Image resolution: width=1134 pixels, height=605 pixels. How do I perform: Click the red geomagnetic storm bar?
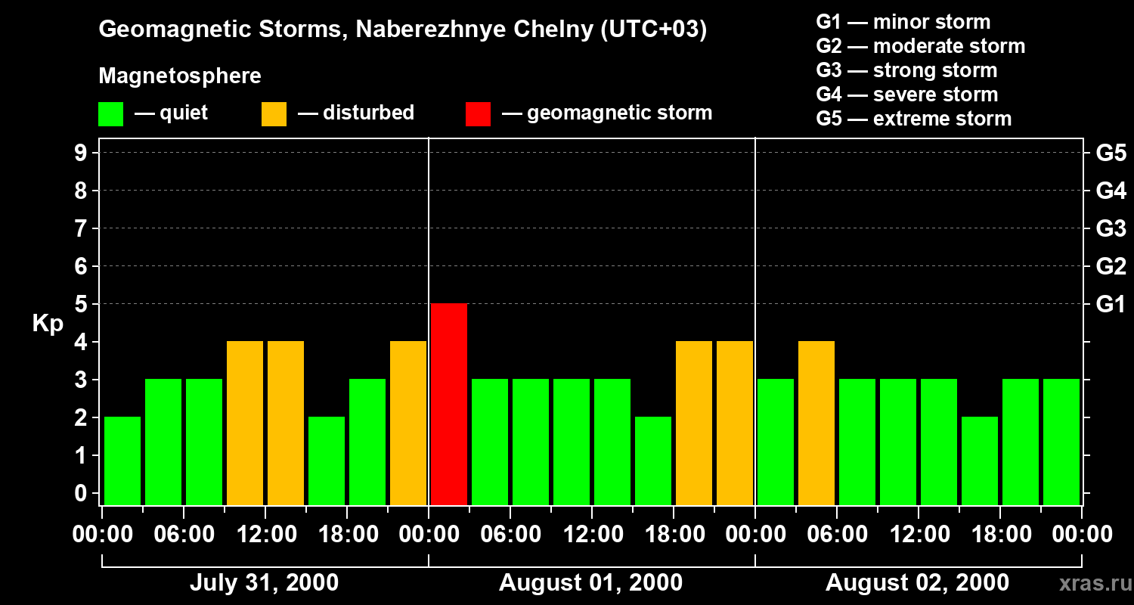449,404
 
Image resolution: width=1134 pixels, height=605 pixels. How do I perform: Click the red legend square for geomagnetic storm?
478,114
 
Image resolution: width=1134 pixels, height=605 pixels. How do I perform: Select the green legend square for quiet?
110,114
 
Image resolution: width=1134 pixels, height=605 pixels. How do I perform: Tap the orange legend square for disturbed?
274,114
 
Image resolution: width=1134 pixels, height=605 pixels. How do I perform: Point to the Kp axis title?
48,323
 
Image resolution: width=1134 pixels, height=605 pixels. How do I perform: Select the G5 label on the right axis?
1111,154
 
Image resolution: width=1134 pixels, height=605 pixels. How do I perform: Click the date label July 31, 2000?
264,583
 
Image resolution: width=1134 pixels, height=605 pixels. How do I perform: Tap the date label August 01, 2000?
590,583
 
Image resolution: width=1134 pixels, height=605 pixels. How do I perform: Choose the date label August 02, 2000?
917,583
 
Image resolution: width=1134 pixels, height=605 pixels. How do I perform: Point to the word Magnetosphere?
180,76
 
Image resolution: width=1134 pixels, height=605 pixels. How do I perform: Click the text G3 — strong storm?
906,70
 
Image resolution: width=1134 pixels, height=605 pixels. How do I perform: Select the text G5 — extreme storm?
913,119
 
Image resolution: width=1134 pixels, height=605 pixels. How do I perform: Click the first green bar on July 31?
122,461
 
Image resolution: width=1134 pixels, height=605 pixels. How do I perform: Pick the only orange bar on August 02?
816,423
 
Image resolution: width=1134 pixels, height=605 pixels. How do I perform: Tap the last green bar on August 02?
1061,442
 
